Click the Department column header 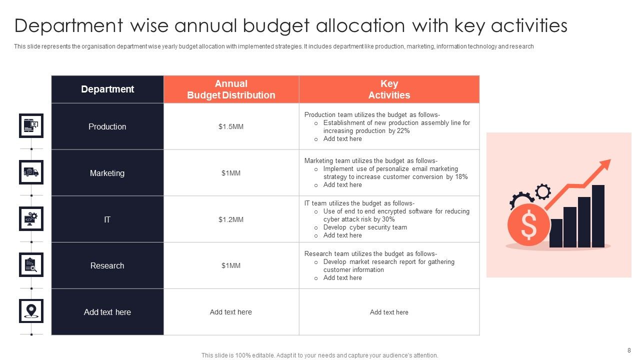[107, 89]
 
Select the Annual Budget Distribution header [231, 89]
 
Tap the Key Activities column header [389, 89]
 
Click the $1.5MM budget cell [231, 126]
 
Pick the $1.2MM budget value [231, 219]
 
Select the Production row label [107, 126]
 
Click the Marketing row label [107, 173]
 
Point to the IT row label [107, 219]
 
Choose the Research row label [107, 265]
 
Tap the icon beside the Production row [31, 125]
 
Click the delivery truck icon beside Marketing [31, 172]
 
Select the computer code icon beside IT [31, 218]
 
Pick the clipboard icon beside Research [31, 264]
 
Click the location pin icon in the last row [31, 311]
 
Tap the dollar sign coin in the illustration [528, 224]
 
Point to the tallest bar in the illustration [598, 216]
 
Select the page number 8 [629, 350]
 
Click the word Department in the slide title [68, 25]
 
